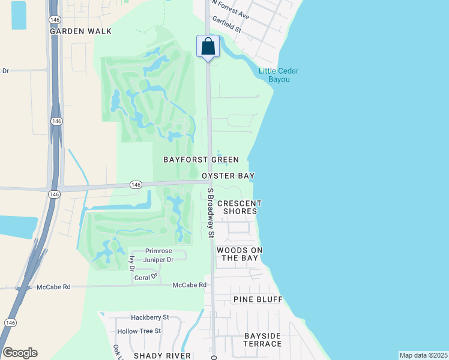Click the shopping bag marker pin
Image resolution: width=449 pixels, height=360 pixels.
click(x=208, y=47)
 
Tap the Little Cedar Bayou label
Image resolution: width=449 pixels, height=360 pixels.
click(x=279, y=75)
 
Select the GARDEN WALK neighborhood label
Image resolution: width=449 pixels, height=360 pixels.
click(x=73, y=31)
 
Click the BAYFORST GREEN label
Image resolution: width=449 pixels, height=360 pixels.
click(x=202, y=160)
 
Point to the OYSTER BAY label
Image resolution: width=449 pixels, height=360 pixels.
click(x=228, y=176)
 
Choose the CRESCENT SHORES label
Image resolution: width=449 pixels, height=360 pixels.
click(x=240, y=207)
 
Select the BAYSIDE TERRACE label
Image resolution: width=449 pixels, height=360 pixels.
click(x=262, y=340)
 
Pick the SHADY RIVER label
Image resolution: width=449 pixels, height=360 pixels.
click(x=162, y=355)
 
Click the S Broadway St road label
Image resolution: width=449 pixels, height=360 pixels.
click(x=211, y=214)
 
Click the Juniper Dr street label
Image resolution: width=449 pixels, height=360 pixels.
click(x=158, y=260)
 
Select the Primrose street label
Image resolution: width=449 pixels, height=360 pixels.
click(x=158, y=251)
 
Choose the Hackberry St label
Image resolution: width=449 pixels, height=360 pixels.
click(x=150, y=317)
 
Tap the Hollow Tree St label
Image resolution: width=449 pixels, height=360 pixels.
click(x=139, y=331)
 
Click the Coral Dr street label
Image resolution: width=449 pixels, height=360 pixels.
click(x=146, y=277)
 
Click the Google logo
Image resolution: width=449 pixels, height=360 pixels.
click(x=20, y=353)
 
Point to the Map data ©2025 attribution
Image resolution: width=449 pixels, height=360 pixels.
click(x=423, y=355)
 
